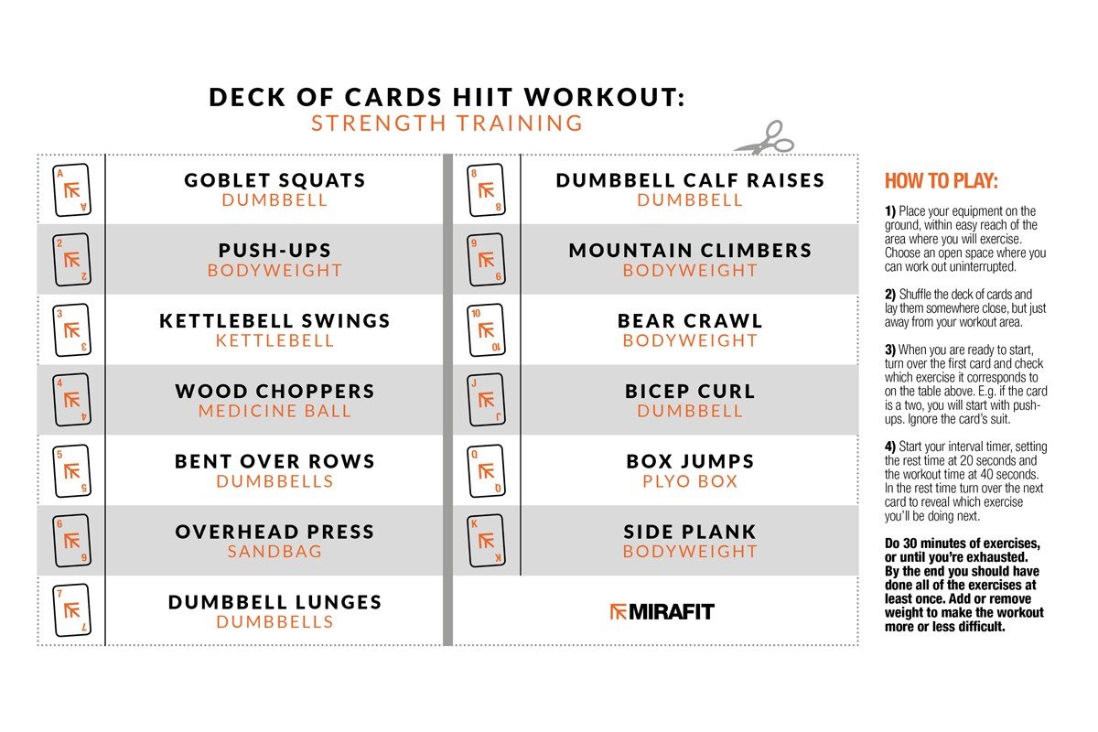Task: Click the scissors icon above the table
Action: coord(764,138)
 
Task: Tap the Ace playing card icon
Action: coord(72,189)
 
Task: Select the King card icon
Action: coord(486,541)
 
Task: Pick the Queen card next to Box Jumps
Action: coord(486,470)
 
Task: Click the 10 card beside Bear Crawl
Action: coord(486,330)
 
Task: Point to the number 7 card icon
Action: coord(72,610)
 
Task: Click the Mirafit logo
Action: coord(662,611)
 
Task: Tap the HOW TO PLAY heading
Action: coord(941,180)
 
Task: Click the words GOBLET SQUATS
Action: coord(274,180)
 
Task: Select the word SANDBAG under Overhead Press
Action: coord(274,552)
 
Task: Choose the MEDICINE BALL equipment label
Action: coord(274,411)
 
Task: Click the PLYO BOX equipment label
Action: coord(690,481)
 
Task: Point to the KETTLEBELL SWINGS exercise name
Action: coord(274,321)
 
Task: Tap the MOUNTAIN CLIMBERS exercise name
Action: coord(690,251)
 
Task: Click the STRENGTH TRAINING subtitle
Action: coord(447,124)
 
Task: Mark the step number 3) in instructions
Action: coord(889,350)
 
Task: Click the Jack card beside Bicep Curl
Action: coord(486,401)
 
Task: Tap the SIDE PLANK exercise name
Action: coord(690,532)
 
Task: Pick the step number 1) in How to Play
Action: coord(889,210)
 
